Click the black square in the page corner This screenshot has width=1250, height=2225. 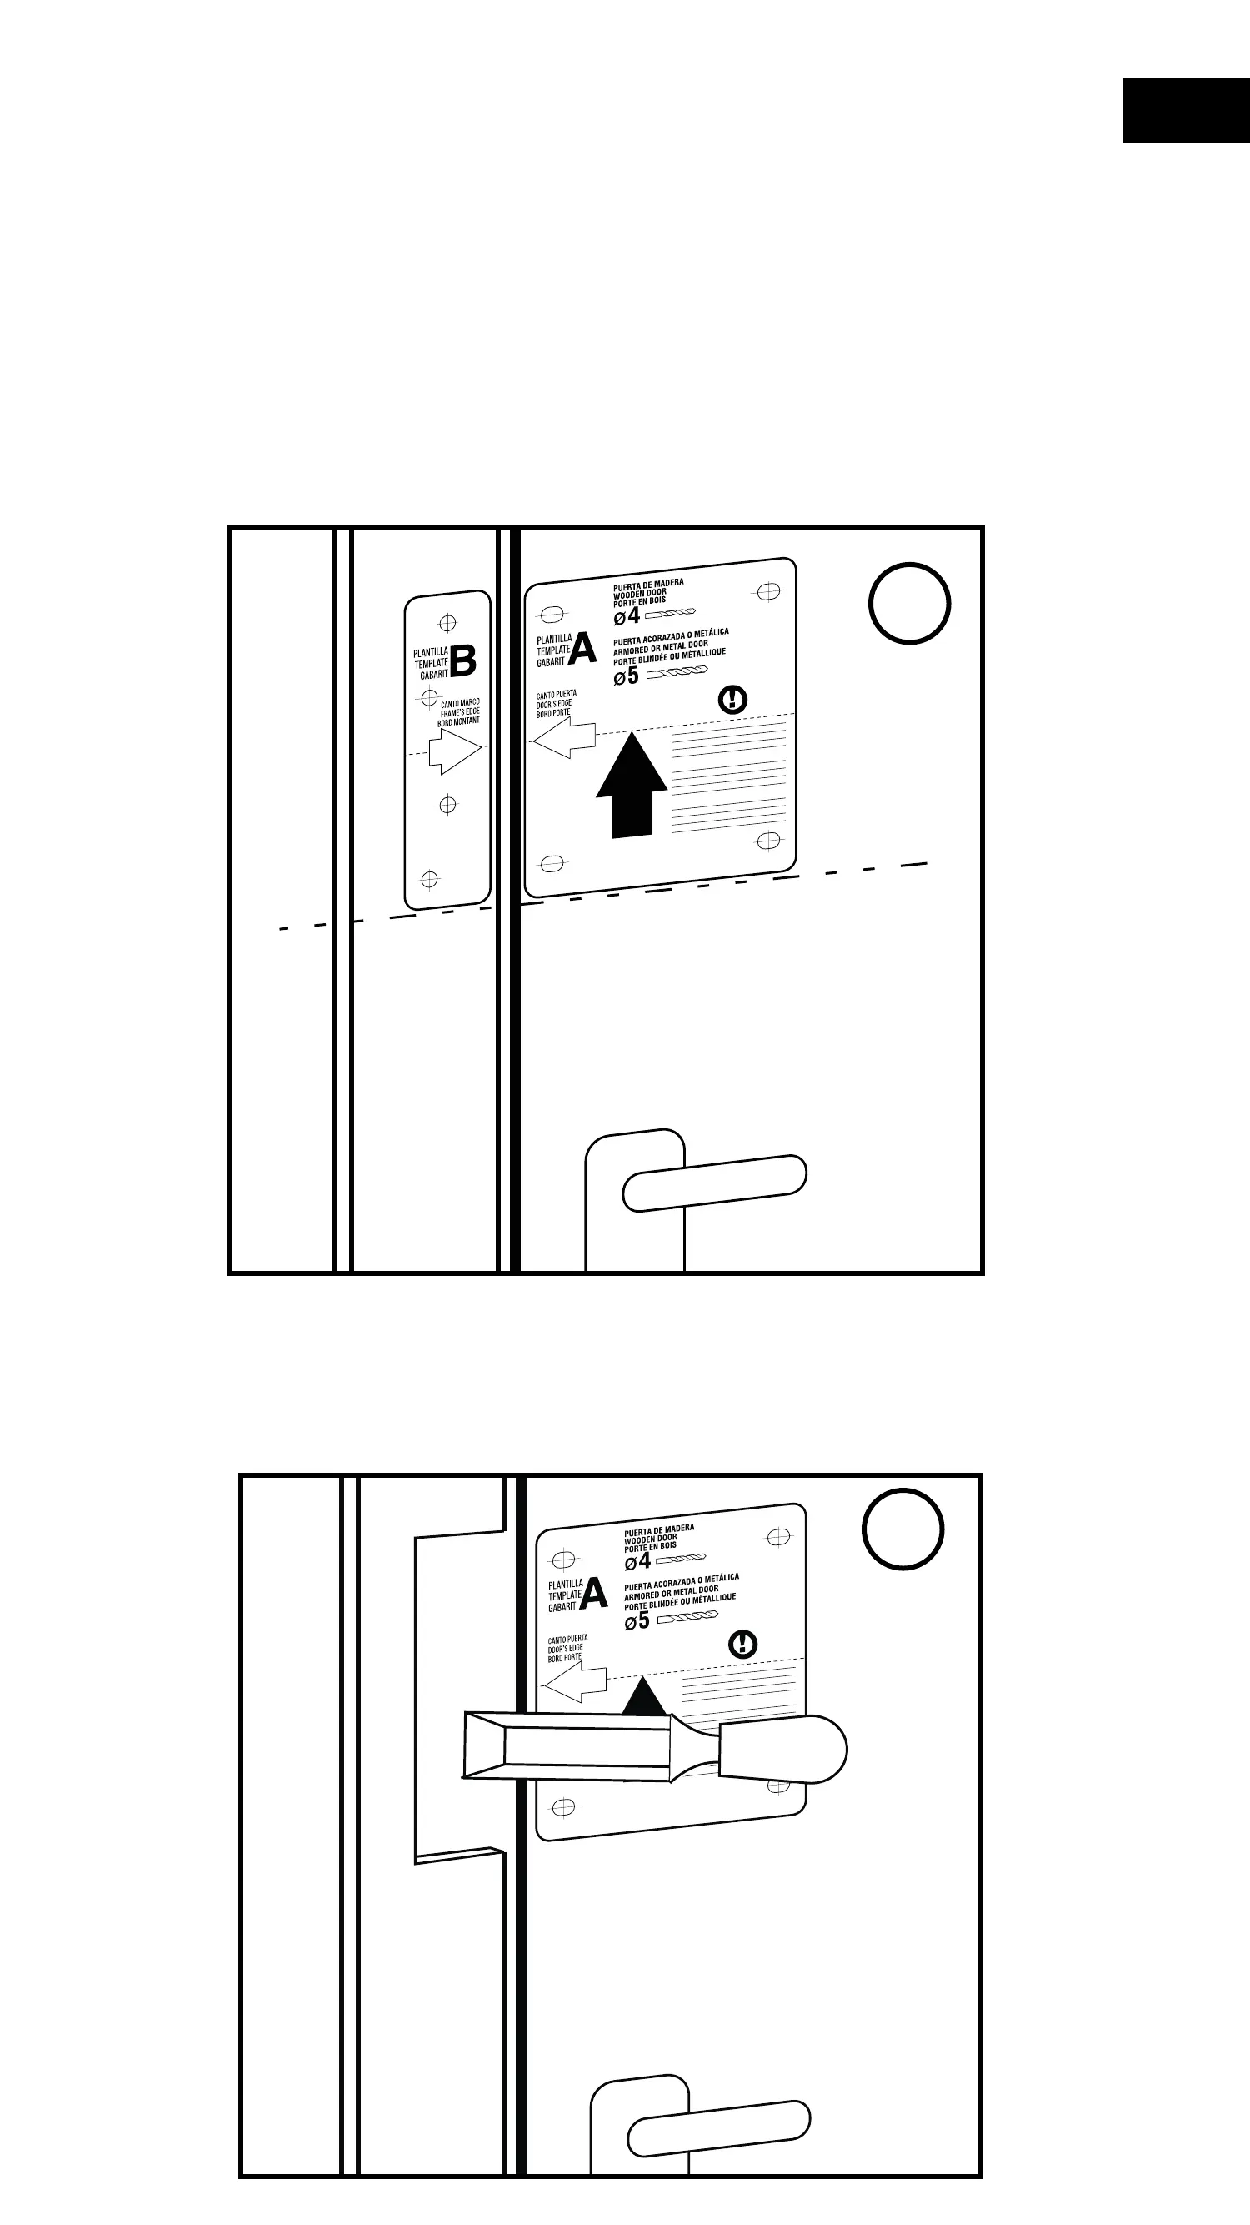[1185, 111]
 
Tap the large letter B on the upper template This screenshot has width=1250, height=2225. [463, 661]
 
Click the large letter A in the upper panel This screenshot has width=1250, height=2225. [582, 649]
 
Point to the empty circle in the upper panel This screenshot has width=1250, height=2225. [909, 604]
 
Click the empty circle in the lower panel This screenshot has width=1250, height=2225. [903, 1529]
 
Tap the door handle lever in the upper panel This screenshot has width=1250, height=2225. [715, 1183]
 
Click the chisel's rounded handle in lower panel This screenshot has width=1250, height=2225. [782, 1749]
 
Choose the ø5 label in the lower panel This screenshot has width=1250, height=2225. [637, 1621]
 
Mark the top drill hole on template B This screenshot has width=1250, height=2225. [448, 623]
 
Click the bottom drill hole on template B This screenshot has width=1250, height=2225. [429, 879]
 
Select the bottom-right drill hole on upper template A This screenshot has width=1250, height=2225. [768, 841]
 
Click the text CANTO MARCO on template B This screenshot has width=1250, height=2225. [460, 703]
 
